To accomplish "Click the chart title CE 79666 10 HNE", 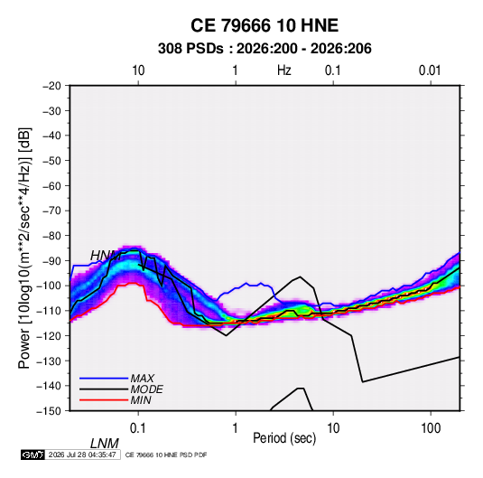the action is point(265,25).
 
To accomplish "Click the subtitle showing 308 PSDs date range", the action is point(265,49).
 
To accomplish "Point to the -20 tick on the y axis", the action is point(51,86).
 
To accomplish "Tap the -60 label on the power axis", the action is point(51,186).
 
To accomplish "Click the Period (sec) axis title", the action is point(284,438).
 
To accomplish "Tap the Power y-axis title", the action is point(24,248).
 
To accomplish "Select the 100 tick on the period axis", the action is point(431,428).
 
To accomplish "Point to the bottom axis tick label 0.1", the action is point(138,428).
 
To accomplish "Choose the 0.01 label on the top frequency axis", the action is point(430,70).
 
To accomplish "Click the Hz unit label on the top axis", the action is point(284,70).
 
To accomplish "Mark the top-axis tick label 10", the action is point(138,70).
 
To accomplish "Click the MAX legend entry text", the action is point(143,378).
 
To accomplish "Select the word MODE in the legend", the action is point(146,389).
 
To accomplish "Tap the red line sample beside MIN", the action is point(104,400).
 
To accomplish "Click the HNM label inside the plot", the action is point(106,256).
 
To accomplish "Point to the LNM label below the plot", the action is point(105,444).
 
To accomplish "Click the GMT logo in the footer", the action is point(33,455).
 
